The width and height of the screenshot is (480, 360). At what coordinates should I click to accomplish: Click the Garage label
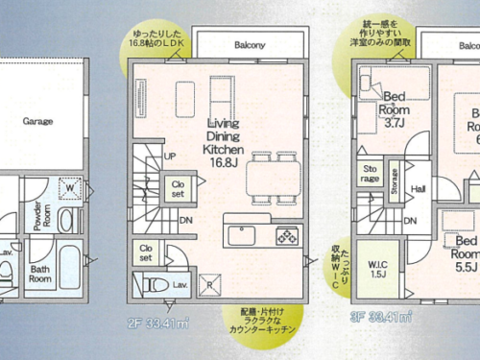point(38,122)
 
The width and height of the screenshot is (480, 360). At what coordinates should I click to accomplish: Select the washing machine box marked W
point(71,188)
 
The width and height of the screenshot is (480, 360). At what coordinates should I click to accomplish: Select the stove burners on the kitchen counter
point(287,235)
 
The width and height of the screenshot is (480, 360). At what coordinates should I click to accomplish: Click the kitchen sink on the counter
point(239,233)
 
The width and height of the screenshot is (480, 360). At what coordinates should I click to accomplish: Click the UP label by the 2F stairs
point(169,156)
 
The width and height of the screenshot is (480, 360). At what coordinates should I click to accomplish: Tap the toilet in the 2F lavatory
point(153,284)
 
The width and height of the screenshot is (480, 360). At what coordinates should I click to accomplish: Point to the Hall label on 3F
point(418,189)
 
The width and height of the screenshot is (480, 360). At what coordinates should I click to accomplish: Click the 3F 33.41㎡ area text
point(381,315)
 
